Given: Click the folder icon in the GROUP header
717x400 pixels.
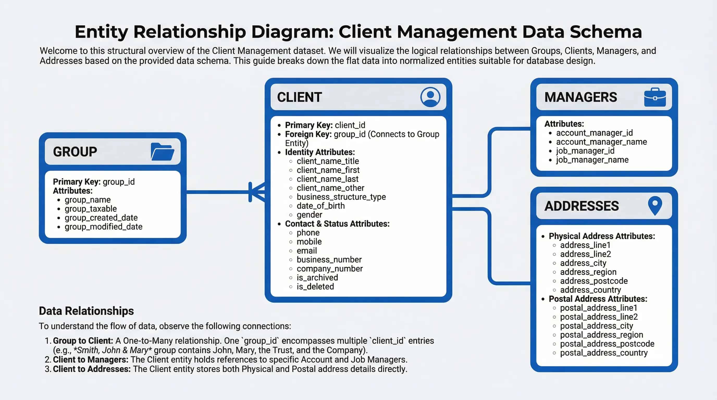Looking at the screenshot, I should point(162,152).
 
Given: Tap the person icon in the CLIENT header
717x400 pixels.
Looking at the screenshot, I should point(430,97).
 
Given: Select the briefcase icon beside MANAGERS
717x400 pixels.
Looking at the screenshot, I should point(655,97).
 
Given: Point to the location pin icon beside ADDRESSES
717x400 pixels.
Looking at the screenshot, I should point(655,205).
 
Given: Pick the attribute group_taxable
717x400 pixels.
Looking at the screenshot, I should point(91,209).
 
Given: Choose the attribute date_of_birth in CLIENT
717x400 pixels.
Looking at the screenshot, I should point(320,206).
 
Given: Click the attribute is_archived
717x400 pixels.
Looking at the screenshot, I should point(317,277).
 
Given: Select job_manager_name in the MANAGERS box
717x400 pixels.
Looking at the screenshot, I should point(592,160).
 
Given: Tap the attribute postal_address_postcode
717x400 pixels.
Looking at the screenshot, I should point(607,343).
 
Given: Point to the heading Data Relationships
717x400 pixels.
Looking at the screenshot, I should point(86,311).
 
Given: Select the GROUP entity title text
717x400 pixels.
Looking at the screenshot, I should point(75,152).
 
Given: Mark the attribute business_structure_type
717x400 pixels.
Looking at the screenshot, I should point(341,197).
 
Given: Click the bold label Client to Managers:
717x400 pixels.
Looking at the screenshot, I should point(90,359).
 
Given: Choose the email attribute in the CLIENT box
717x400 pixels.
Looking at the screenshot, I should point(306,251).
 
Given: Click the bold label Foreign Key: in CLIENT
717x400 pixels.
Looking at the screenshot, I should point(308,134).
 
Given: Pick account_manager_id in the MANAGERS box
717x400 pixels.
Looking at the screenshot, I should point(594,133).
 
